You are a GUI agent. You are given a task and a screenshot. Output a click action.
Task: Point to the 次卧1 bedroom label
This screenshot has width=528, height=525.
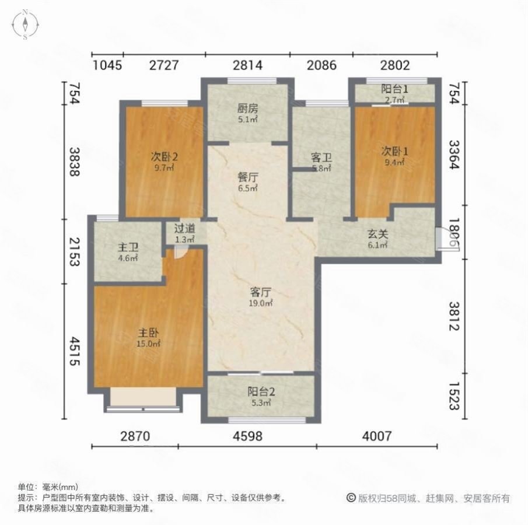pyautogui.click(x=395, y=151)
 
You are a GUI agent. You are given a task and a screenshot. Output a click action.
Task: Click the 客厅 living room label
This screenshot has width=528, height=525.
pyautogui.click(x=262, y=292)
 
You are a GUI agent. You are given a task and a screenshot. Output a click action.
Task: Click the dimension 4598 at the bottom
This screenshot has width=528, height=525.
pyautogui.click(x=248, y=435)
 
